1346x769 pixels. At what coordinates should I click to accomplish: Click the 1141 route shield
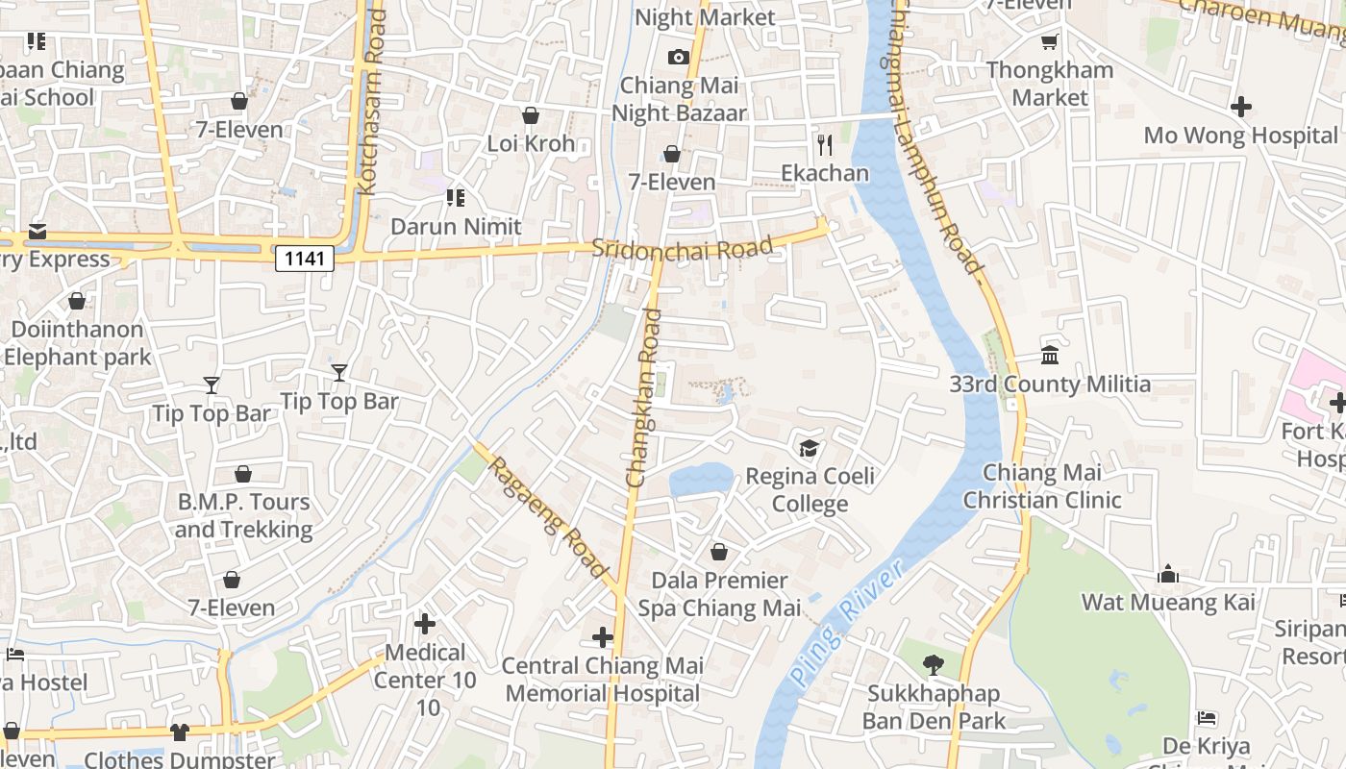(x=305, y=258)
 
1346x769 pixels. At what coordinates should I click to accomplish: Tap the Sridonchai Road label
(x=682, y=248)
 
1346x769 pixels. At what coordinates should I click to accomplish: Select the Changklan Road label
(x=643, y=397)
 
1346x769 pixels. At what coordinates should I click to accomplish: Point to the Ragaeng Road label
(x=549, y=518)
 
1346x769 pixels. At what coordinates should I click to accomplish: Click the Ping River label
(x=847, y=623)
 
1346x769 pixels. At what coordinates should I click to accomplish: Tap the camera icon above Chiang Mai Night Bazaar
(x=679, y=57)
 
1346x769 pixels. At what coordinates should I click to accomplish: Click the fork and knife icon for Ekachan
(x=824, y=145)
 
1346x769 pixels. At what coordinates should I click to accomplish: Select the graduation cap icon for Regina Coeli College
(x=810, y=449)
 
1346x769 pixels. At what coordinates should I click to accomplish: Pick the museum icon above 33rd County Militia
(x=1050, y=356)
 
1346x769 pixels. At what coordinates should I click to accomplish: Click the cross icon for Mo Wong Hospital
(x=1241, y=107)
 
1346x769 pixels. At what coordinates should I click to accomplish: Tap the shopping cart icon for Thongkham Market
(x=1049, y=42)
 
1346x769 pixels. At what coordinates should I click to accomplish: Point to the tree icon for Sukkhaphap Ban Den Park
(x=933, y=664)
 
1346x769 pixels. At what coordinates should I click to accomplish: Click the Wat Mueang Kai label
(x=1168, y=603)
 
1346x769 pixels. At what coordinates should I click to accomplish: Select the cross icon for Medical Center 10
(x=424, y=624)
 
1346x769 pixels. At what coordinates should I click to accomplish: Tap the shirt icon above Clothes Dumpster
(x=179, y=732)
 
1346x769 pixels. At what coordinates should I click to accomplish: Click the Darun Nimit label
(x=456, y=227)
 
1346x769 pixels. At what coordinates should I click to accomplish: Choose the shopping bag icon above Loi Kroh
(x=530, y=116)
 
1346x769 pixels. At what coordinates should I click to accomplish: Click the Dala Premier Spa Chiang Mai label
(x=719, y=594)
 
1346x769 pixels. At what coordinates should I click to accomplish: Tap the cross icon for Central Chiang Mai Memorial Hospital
(x=603, y=637)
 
